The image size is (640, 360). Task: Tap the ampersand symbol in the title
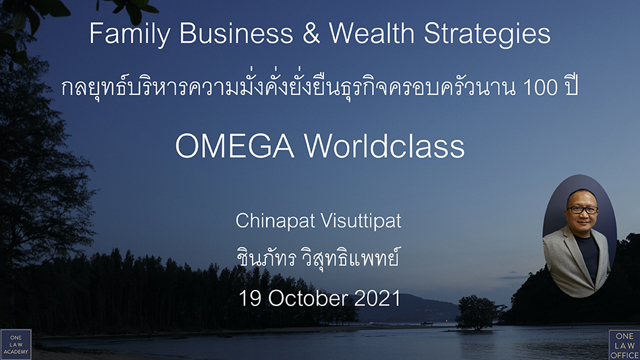point(311,33)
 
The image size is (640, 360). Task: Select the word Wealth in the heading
point(372,33)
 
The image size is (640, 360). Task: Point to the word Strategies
point(487,34)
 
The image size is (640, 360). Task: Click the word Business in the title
point(236,33)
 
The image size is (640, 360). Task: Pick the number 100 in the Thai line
point(540,87)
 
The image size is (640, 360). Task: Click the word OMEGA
point(234,146)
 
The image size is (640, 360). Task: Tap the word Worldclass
point(384,146)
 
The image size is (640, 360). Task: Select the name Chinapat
point(276,221)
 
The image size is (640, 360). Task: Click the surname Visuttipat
point(361,221)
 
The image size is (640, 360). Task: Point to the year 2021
point(377,298)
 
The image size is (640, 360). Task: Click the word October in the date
point(308,298)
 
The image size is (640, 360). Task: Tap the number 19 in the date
point(250,298)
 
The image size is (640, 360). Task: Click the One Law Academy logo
point(16,344)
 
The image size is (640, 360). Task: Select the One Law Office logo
point(625,345)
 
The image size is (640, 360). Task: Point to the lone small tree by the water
point(476,313)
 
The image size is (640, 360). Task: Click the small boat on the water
point(427,323)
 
